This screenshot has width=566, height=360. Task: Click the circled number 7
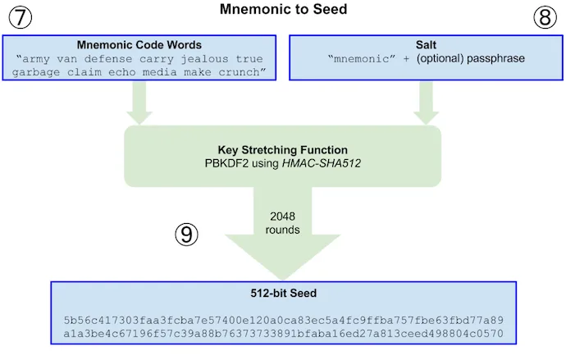coord(21,17)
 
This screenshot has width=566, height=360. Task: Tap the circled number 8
coord(545,17)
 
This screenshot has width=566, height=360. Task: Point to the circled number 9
coord(186,234)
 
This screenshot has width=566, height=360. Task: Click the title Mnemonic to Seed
coord(283,9)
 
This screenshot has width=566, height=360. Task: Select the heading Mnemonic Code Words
coord(139,45)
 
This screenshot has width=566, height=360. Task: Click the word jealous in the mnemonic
coord(205,59)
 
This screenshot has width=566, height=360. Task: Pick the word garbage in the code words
coord(36,72)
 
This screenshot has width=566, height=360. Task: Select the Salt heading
coord(426,45)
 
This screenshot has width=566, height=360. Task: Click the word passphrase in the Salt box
coord(495,58)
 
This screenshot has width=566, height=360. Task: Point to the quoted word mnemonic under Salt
coord(362,58)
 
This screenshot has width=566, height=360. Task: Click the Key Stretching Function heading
coord(283,150)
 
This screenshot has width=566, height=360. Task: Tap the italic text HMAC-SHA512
coord(322,163)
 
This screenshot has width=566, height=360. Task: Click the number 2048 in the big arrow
coord(282,216)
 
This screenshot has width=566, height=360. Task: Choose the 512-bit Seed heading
coord(283,293)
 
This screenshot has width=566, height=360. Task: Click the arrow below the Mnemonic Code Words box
coord(139,103)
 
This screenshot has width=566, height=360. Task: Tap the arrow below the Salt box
coord(426,103)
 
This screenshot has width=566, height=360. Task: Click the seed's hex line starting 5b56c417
coord(283,320)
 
